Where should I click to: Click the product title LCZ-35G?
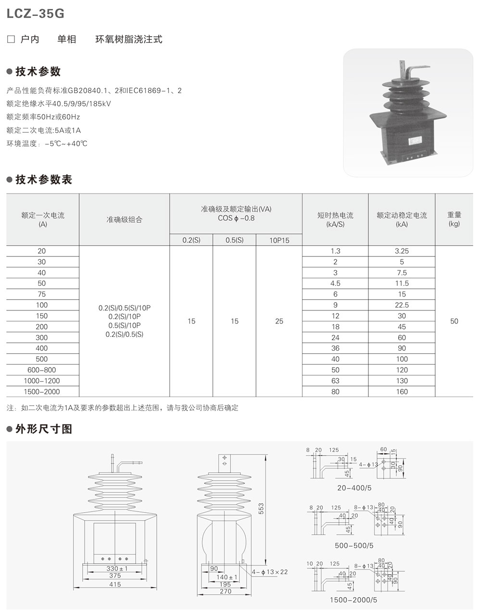coord(36,14)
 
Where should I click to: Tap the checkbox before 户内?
coord(11,39)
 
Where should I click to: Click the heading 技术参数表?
coord(44,180)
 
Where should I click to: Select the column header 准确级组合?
coord(124,219)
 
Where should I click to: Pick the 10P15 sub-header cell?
coord(279,240)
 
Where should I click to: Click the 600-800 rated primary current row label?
coord(42,370)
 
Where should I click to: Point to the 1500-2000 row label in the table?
coord(42,392)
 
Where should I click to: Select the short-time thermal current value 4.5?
coord(335,283)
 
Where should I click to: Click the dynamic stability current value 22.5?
coord(401,305)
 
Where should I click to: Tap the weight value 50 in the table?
coord(454,321)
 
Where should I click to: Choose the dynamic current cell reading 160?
coord(401,392)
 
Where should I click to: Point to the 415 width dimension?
coord(115,584)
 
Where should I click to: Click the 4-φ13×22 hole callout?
coord(270,572)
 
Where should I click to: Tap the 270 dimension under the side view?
coord(225,591)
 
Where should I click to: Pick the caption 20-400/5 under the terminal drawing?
coord(354,488)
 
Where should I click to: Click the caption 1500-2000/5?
coord(354,600)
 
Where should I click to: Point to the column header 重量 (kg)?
coord(454,219)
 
